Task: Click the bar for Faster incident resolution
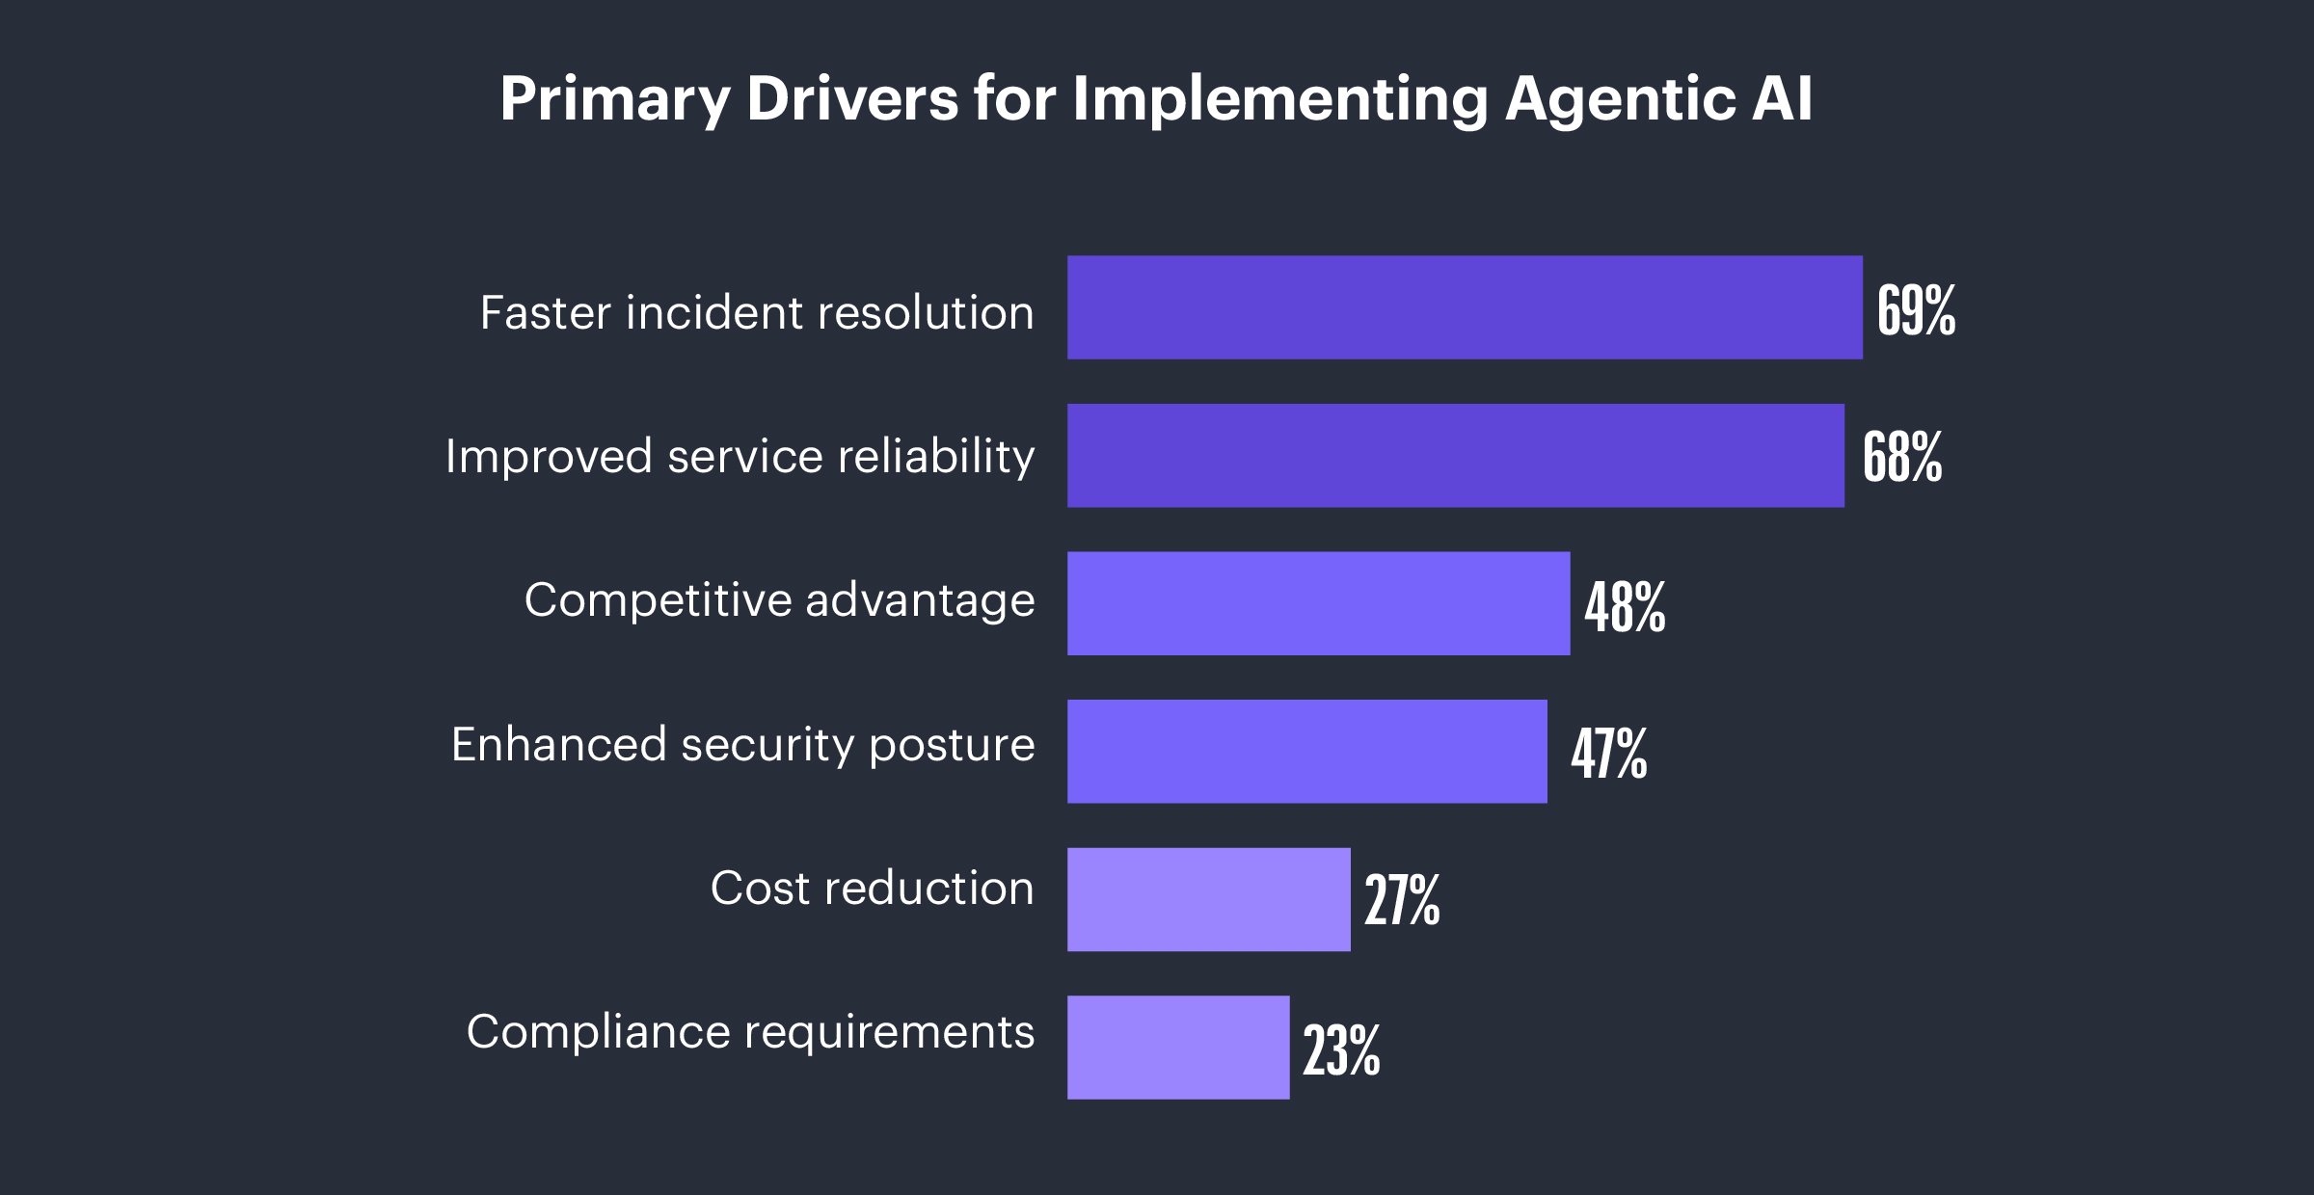(1465, 307)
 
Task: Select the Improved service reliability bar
(1455, 456)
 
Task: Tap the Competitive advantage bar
(1318, 603)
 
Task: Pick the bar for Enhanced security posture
(1306, 752)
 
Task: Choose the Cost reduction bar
(1208, 899)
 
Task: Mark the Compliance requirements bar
(1177, 1048)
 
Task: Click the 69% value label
(1916, 310)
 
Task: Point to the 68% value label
(1901, 457)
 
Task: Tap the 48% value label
(1625, 607)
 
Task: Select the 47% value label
(1608, 754)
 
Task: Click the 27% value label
(1401, 900)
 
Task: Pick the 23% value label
(1340, 1049)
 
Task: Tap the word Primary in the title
(614, 99)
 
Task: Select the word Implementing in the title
(1280, 99)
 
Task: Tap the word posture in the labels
(952, 746)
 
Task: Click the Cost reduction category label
(872, 888)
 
